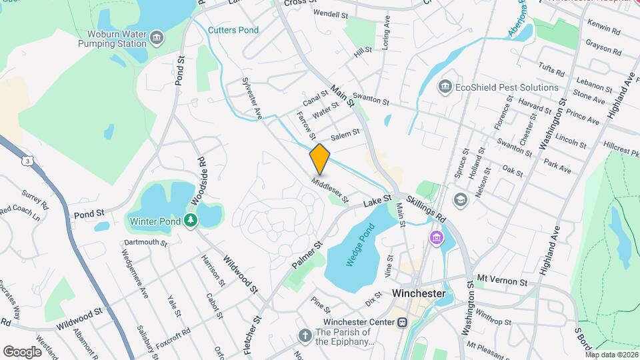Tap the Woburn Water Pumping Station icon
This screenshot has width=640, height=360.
click(x=157, y=36)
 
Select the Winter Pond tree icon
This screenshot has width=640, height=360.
click(x=191, y=219)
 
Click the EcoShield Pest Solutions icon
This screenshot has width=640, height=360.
click(x=445, y=87)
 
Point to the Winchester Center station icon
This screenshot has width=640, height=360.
click(x=403, y=323)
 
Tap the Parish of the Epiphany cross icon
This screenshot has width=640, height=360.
click(x=305, y=335)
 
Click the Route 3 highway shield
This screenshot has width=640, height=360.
click(x=27, y=161)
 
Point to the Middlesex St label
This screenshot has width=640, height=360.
click(x=329, y=189)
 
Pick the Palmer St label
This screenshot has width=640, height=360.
click(x=306, y=255)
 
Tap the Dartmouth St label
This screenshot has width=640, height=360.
click(x=145, y=243)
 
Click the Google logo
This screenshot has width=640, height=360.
click(x=23, y=351)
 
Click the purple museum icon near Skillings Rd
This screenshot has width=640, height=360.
click(x=437, y=237)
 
